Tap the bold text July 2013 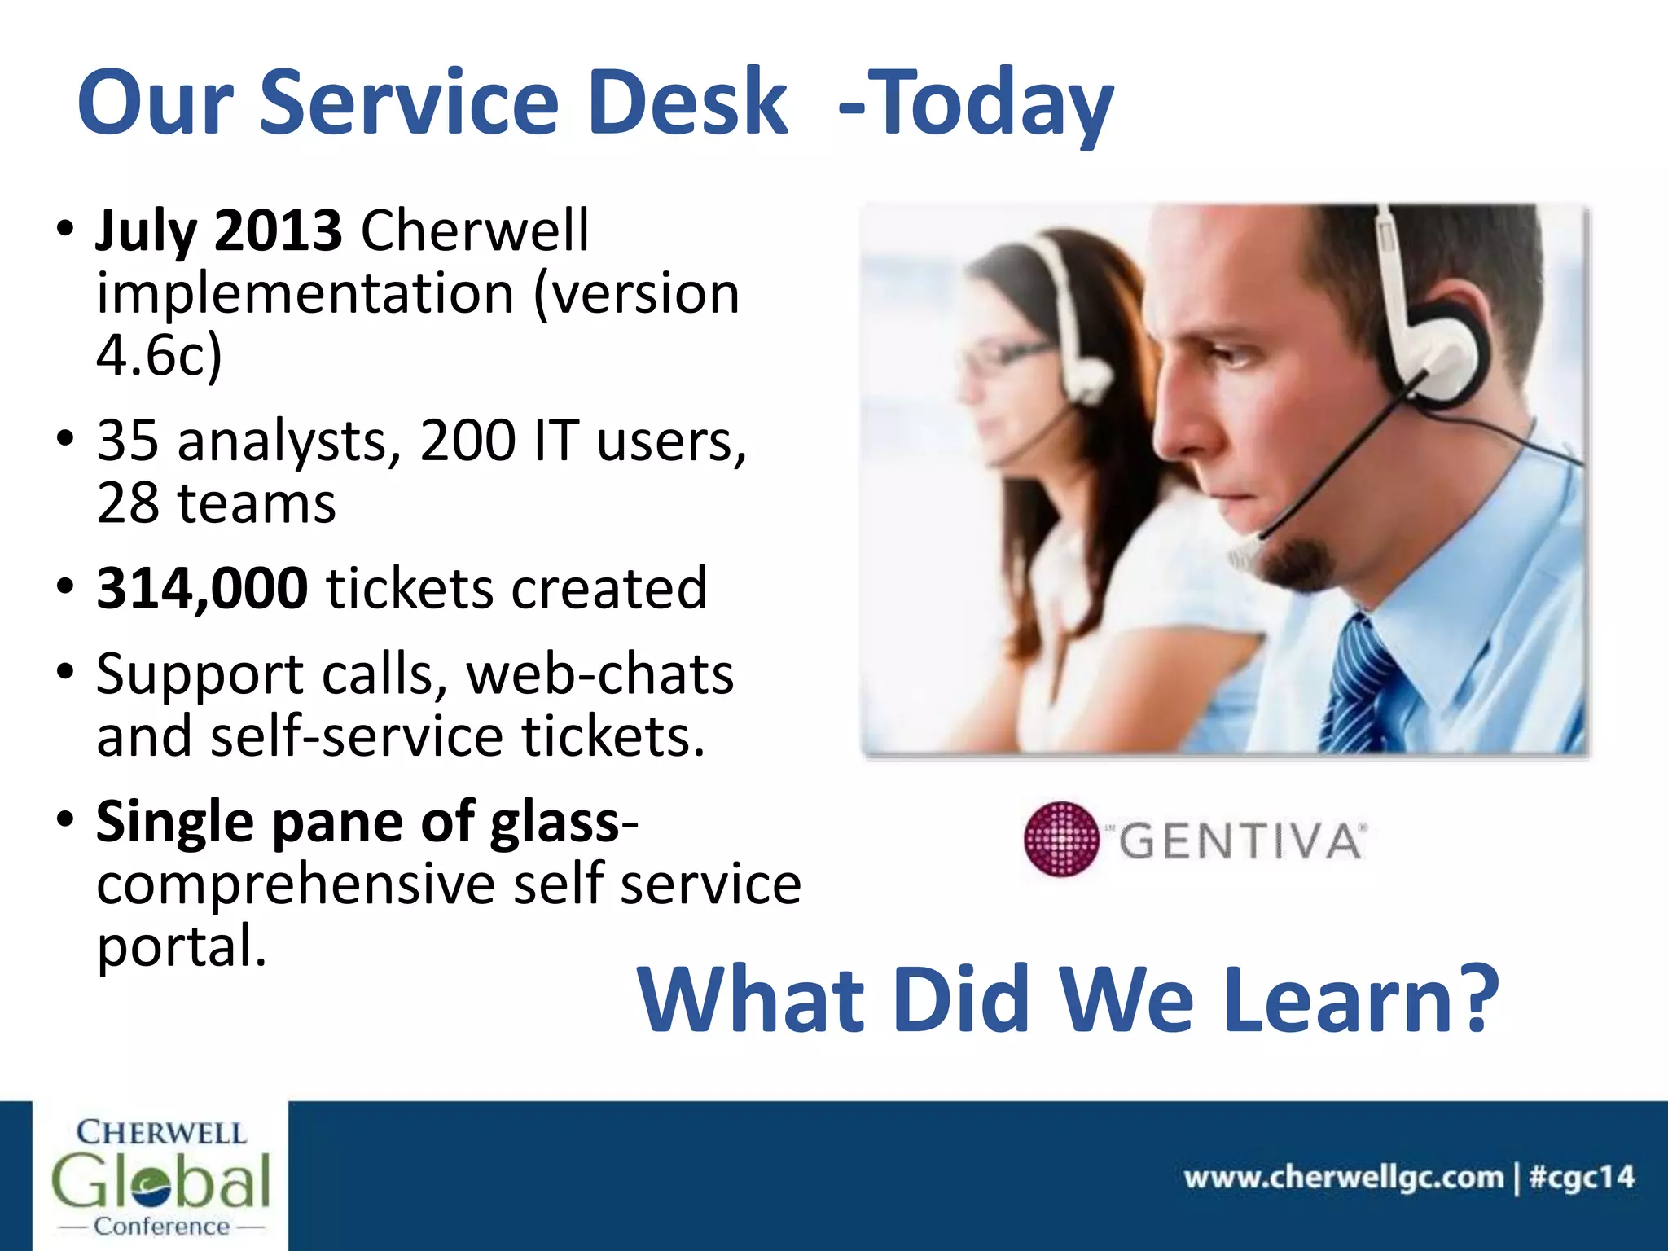click(218, 231)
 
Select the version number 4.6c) click(159, 355)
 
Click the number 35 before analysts click(127, 441)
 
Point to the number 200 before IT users click(468, 441)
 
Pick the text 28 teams click(216, 503)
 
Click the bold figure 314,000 click(202, 588)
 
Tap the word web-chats click(600, 675)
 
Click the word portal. click(181, 946)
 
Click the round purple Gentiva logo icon click(1060, 839)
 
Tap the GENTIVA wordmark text click(1240, 841)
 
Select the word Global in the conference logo click(160, 1180)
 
